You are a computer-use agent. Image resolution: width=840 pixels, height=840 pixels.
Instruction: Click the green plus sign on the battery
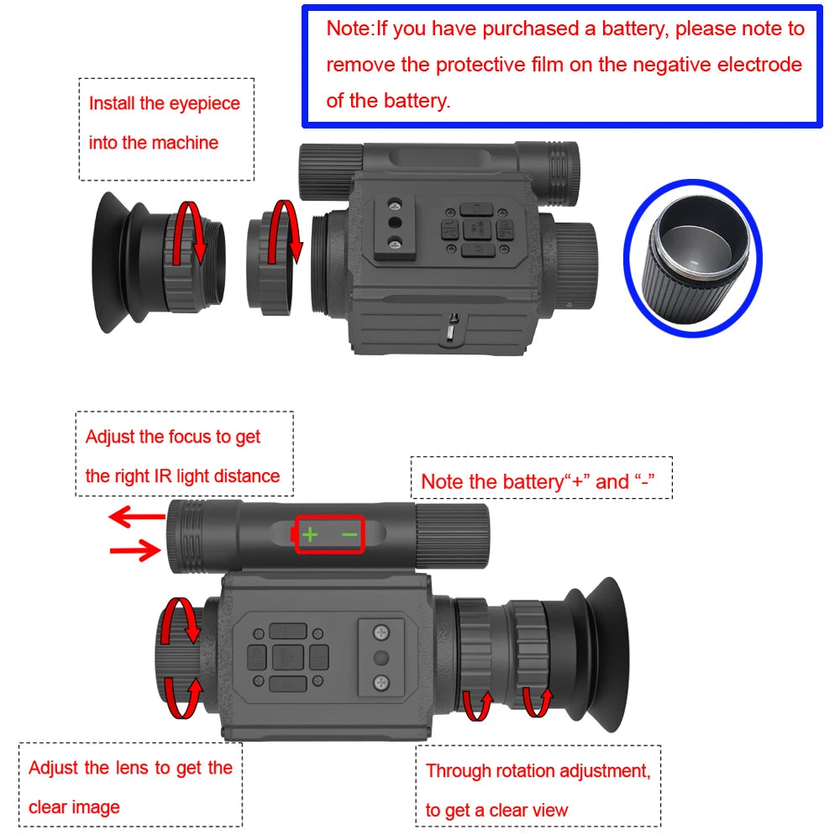pos(310,534)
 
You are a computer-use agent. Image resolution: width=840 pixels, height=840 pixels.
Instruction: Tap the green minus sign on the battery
pos(349,534)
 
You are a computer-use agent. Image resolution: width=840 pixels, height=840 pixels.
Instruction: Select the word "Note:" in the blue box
pos(350,29)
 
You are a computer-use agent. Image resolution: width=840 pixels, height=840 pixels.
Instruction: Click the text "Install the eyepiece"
pos(165,104)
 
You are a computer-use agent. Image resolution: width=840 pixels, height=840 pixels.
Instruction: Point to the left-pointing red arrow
pos(136,517)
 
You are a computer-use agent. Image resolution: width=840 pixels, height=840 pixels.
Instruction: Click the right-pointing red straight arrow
pos(136,551)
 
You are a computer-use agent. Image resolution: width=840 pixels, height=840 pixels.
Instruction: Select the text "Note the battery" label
pos(491,482)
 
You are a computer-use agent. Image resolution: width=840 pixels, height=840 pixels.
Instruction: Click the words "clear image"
pos(74,807)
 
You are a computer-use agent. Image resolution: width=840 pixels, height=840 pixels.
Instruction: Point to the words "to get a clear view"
pos(496,811)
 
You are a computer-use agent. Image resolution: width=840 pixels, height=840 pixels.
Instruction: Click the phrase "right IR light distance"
pos(182,476)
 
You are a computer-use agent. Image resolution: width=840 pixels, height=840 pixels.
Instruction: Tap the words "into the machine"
pos(153,143)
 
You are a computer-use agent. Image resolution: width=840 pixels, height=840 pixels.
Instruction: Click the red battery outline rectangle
pos(329,534)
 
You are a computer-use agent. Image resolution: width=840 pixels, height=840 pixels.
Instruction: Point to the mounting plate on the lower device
pos(381,657)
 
